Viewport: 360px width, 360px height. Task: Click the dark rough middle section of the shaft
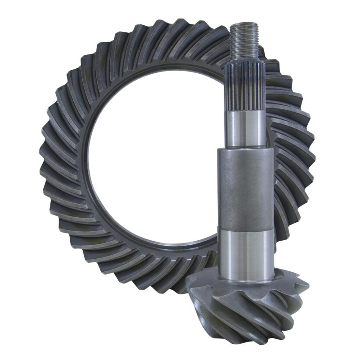click(x=246, y=189)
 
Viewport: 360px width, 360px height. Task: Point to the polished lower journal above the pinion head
click(x=247, y=250)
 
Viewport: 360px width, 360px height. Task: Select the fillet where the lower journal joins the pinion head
click(x=247, y=270)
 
